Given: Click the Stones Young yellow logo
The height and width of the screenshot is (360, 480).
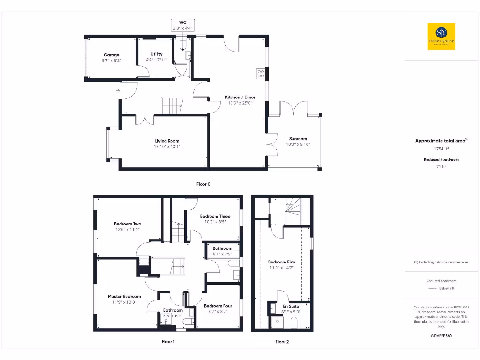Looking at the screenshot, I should tap(441, 36).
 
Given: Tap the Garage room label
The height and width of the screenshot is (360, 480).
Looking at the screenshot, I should tap(112, 55).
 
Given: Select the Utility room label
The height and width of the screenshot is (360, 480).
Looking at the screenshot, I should tap(156, 54).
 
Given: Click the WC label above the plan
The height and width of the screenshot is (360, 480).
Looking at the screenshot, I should tap(182, 22).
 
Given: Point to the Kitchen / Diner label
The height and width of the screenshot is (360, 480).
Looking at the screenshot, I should tap(240, 97).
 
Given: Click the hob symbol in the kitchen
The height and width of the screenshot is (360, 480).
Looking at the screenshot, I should tap(260, 74).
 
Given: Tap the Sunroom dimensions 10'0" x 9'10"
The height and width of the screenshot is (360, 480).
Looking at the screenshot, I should tap(298, 144).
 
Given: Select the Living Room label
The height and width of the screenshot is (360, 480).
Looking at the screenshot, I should tap(167, 141).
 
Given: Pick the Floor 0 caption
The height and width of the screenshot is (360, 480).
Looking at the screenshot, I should tap(203, 184).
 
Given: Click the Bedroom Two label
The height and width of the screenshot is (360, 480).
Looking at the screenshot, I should tap(127, 224).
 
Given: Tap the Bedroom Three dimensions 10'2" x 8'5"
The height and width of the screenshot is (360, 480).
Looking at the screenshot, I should tap(215, 222).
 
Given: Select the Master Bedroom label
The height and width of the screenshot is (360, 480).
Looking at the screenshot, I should tap(124, 296).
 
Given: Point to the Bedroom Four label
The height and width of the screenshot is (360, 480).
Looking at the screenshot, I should tap(218, 306).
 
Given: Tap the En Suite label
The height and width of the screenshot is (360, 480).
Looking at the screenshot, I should tap(291, 306).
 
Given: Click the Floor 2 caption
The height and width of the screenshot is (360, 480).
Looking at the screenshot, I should tap(282, 342).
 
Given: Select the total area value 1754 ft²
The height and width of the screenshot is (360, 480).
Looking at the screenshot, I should tap(441, 149).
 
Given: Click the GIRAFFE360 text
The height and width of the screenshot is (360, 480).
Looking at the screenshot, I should tap(441, 336).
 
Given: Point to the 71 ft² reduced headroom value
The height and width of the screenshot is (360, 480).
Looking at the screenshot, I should tap(441, 166).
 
